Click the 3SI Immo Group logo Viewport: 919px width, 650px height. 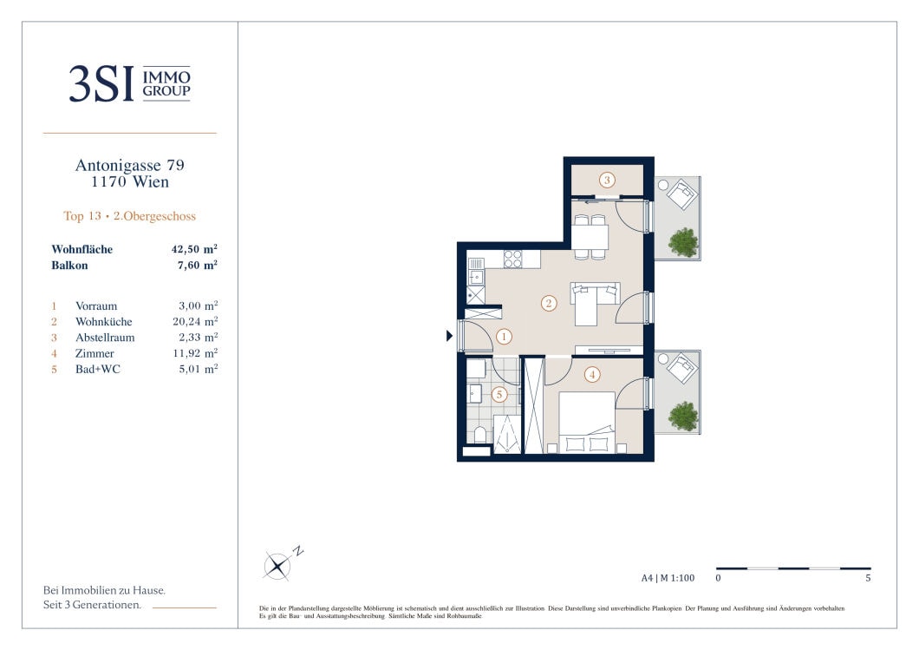pyautogui.click(x=129, y=84)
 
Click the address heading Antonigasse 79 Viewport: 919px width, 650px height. pyautogui.click(x=129, y=166)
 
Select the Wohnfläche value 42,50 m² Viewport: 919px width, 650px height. pyautogui.click(x=194, y=249)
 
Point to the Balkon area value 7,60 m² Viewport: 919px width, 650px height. pyautogui.click(x=198, y=266)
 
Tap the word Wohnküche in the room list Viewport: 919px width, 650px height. pyautogui.click(x=104, y=321)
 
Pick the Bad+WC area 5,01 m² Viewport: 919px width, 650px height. pyautogui.click(x=198, y=369)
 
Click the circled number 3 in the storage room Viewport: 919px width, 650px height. pyautogui.click(x=607, y=181)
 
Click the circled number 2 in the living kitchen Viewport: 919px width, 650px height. pyautogui.click(x=549, y=303)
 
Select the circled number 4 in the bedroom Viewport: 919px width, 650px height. pyautogui.click(x=592, y=374)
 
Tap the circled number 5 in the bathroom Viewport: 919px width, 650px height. pyautogui.click(x=499, y=394)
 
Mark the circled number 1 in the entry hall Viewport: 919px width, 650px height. pyautogui.click(x=504, y=337)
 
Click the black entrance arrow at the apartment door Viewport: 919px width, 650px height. pyautogui.click(x=450, y=336)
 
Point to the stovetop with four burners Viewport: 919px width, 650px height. pyautogui.click(x=513, y=259)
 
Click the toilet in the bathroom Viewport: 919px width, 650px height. pyautogui.click(x=480, y=434)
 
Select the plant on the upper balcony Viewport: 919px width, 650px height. pyautogui.click(x=683, y=242)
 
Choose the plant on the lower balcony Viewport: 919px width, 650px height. pyautogui.click(x=683, y=416)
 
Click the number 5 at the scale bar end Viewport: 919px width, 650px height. pyautogui.click(x=868, y=578)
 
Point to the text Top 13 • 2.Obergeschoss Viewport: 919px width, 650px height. pyautogui.click(x=129, y=216)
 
